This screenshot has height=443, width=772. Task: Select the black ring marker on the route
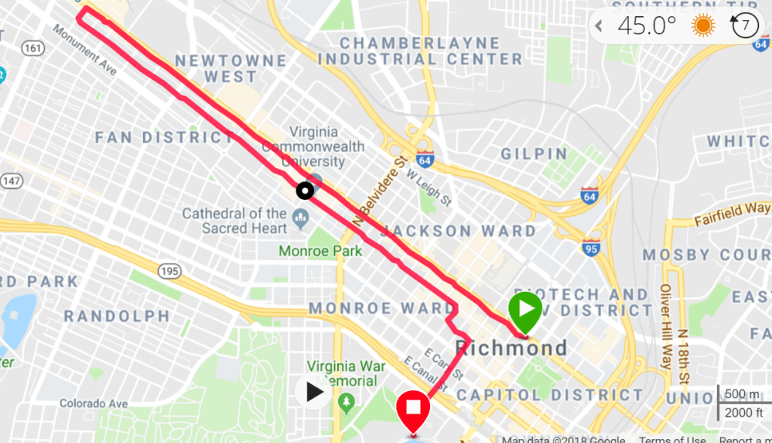306,190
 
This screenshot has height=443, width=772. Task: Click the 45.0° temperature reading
647,26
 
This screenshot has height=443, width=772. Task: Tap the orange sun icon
703,26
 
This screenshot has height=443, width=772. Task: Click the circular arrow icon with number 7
744,26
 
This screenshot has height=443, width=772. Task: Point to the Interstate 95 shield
593,249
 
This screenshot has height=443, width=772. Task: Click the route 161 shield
33,48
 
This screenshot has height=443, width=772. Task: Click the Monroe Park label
320,251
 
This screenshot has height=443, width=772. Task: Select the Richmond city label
511,348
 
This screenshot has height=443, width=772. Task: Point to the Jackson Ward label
458,231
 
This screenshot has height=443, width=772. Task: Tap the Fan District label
163,138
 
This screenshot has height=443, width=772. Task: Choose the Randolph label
117,316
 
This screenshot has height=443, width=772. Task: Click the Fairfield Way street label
732,210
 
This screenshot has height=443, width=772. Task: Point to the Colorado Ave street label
93,404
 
